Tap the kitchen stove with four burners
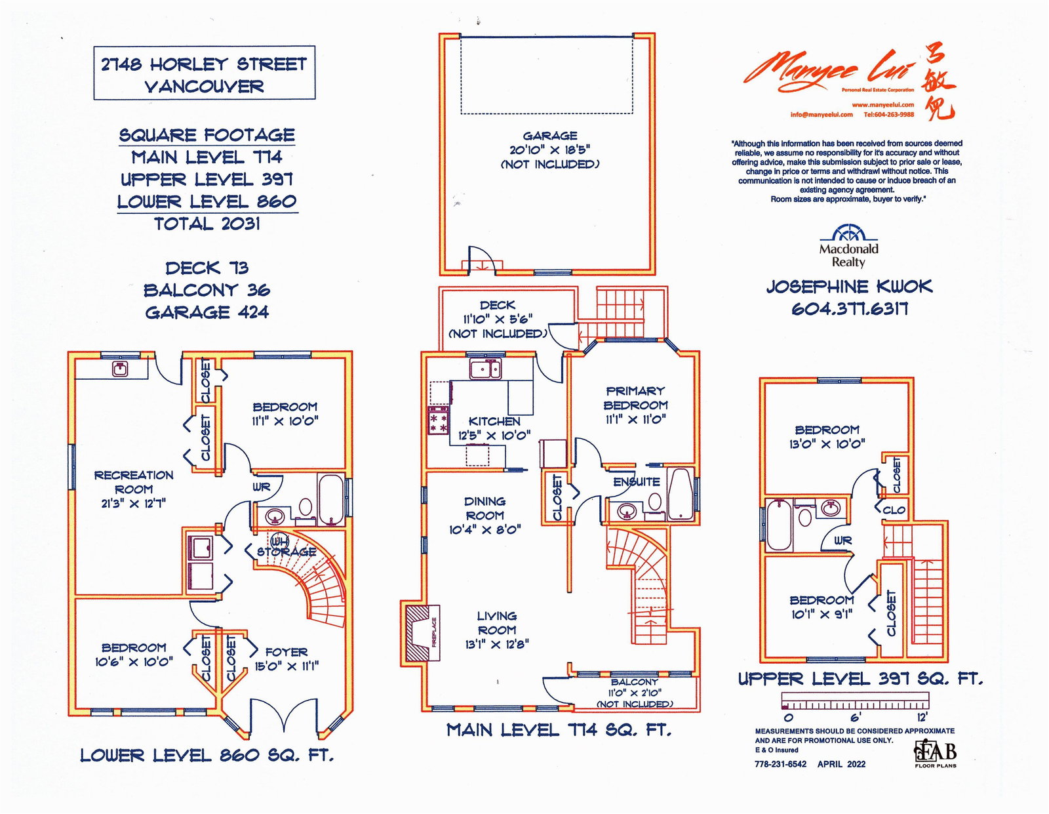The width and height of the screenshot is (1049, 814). pos(439,420)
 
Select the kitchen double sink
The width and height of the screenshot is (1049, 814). pos(486,370)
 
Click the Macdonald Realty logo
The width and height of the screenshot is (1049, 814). pos(848,246)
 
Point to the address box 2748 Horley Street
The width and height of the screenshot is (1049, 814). pos(204,73)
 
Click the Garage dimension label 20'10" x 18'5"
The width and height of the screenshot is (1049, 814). pos(550,150)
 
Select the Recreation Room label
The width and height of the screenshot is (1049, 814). pos(134,482)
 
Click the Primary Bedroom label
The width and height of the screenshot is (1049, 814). pos(635,398)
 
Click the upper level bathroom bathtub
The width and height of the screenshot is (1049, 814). pos(779,525)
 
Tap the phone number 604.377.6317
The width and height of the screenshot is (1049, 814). pos(850,309)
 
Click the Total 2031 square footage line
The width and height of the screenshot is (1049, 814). pos(207,224)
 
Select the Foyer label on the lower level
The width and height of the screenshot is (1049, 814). pos(287,652)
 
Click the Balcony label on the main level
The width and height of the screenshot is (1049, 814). pos(635,682)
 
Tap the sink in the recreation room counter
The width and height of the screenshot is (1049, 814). pos(119,369)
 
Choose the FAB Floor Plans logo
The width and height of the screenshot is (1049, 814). pos(936,754)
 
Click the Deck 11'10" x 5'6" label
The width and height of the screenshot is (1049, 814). pos(498,319)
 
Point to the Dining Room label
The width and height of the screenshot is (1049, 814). pos(485,508)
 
